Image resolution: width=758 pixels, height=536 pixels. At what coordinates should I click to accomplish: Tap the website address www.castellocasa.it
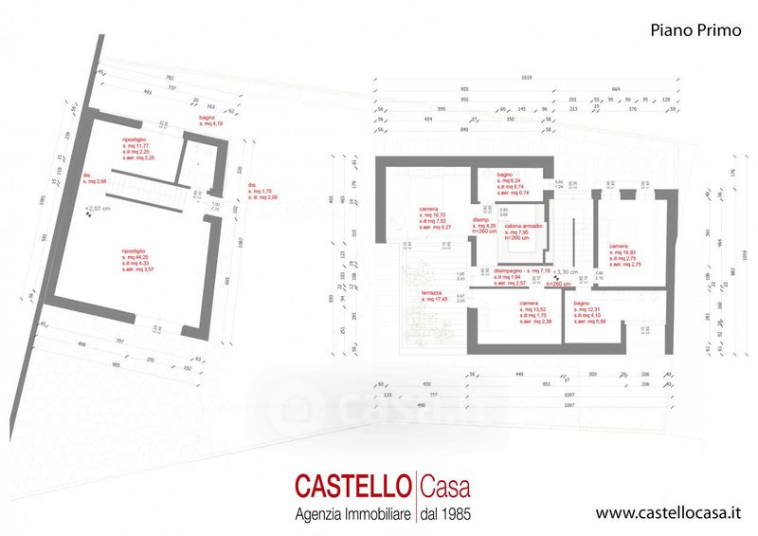point(667,513)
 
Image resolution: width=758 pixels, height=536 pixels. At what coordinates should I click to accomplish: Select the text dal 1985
point(445,513)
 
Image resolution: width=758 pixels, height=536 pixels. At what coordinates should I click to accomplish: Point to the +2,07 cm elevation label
point(99,207)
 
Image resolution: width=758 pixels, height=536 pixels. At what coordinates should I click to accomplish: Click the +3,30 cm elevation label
point(568,270)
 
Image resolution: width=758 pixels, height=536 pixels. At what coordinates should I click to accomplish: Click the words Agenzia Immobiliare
point(350,513)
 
